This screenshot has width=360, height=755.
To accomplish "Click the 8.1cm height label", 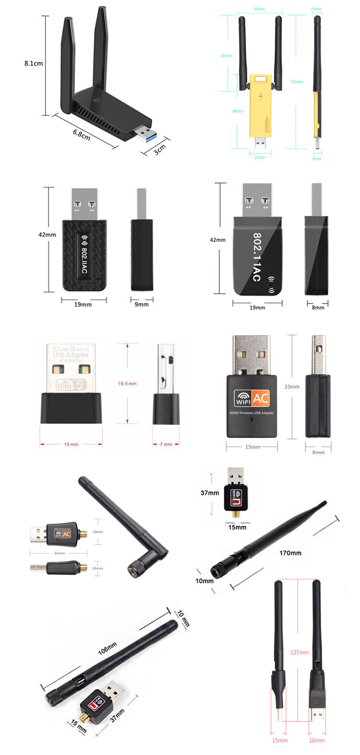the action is [34, 63].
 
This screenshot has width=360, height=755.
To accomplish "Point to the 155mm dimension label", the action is [297, 82].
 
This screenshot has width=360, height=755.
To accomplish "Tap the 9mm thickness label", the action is [142, 304].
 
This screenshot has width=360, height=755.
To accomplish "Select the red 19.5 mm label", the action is [127, 384].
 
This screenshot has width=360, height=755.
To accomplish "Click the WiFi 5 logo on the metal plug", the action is [71, 384].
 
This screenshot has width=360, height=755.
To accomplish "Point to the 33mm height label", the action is [292, 386].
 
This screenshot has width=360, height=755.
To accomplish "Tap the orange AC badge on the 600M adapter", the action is [261, 398].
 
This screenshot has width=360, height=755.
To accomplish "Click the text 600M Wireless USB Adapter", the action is [252, 413].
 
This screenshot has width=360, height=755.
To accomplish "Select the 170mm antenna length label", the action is [290, 553].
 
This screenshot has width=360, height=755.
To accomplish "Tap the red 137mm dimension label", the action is [300, 653].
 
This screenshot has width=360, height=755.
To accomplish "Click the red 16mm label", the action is [317, 741].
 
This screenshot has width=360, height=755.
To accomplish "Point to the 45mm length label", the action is [60, 553].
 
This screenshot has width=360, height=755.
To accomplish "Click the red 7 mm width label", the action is [166, 444].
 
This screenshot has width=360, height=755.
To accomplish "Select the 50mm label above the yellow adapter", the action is [259, 9].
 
